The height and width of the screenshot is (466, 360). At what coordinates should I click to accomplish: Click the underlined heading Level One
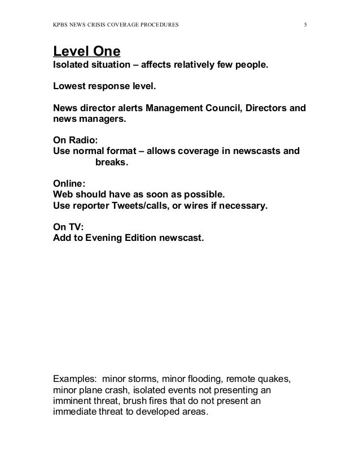click(86, 52)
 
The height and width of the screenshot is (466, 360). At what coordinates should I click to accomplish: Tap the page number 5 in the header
click(305, 25)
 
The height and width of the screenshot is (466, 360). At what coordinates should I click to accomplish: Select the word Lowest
click(69, 88)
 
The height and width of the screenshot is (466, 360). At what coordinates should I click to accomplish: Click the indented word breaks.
click(112, 162)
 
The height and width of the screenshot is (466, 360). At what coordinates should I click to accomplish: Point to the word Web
click(63, 195)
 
